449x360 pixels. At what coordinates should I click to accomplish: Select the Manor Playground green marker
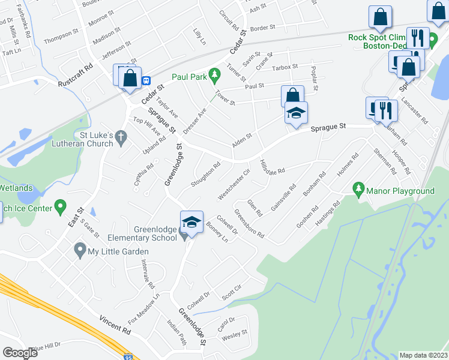coord(359,190)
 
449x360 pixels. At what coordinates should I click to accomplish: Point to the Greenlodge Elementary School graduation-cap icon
coord(191,223)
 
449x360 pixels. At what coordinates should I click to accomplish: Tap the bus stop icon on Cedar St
coord(146,80)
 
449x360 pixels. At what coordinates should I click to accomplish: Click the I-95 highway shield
coord(129,356)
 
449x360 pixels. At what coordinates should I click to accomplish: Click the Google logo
coord(20,353)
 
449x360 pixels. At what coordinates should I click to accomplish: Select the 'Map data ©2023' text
coord(423,355)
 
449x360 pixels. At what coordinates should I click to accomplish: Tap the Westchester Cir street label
coord(234,185)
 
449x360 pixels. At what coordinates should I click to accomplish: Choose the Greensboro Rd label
coord(249,223)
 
